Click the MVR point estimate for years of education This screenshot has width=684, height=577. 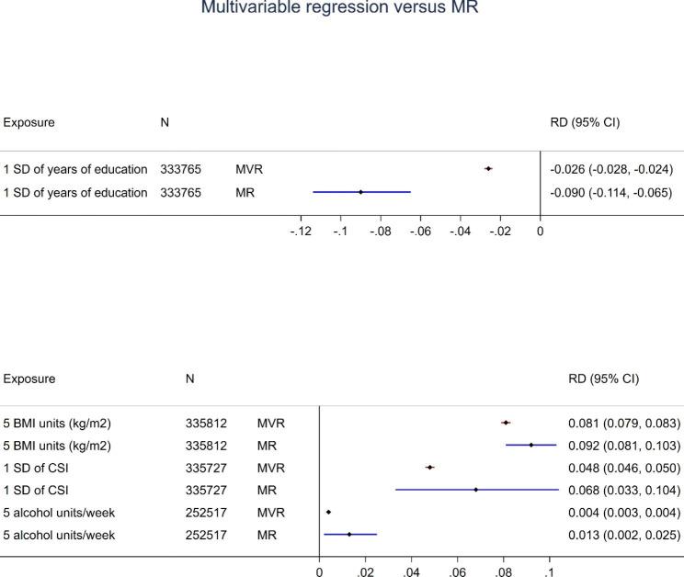tap(488, 168)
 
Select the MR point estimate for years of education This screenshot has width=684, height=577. tap(360, 192)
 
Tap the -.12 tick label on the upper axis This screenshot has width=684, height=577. tap(300, 231)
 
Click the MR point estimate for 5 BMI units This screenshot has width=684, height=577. tap(531, 446)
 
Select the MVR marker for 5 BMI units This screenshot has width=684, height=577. tap(506, 423)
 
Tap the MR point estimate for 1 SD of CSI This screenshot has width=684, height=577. tap(476, 490)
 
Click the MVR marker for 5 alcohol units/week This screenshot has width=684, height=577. tap(328, 512)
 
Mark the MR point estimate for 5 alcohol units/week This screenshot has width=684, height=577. tap(349, 534)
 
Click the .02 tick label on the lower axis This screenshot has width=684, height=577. tap(365, 571)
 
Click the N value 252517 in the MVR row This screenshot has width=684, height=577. tap(204, 512)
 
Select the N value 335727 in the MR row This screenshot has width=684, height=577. tap(204, 490)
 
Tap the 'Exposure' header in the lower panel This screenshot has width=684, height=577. tap(28, 379)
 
